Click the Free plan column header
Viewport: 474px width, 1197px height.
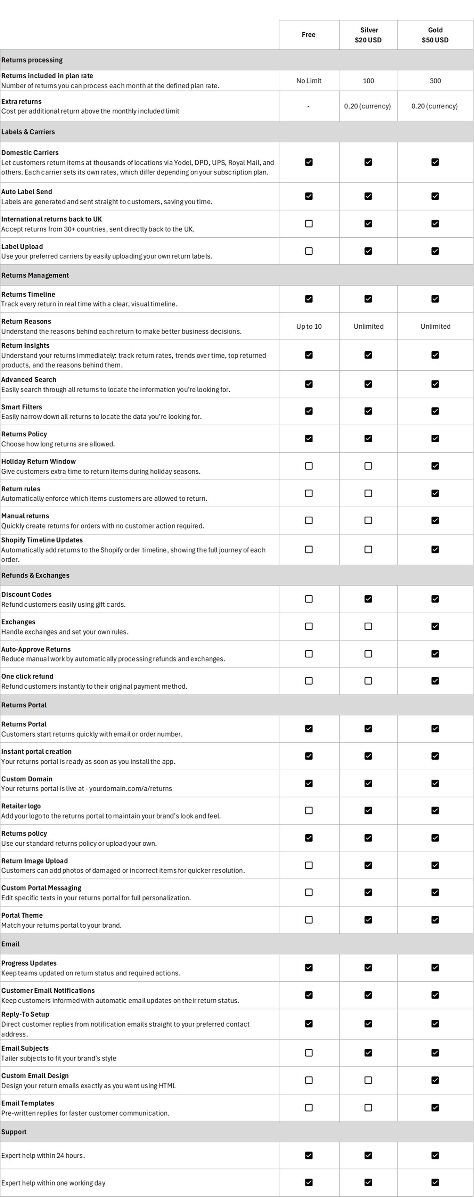tap(309, 35)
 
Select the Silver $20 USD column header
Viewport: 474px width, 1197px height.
tap(368, 35)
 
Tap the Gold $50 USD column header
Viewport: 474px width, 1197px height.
tap(435, 35)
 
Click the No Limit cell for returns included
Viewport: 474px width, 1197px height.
tap(309, 81)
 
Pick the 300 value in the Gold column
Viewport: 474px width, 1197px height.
tap(435, 81)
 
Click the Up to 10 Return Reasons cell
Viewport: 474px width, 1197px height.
tap(309, 326)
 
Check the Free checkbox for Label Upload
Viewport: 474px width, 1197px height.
tap(309, 251)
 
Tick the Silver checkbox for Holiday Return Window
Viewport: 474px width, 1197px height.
tap(368, 466)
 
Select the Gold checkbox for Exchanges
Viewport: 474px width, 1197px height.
tap(435, 626)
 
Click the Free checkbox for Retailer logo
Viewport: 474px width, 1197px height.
tap(309, 810)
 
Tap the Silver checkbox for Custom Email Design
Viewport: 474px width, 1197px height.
tap(368, 1080)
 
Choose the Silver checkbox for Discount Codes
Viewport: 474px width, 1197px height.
tap(368, 599)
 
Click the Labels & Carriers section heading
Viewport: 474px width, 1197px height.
tap(28, 132)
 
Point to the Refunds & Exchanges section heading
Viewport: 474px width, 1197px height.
tap(35, 575)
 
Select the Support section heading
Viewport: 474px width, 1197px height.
tap(14, 1132)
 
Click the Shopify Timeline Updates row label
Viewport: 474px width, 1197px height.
tap(42, 540)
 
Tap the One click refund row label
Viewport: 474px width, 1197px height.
tap(27, 676)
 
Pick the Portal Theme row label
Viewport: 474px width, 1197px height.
tap(22, 916)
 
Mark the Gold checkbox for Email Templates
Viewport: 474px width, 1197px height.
tap(435, 1108)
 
